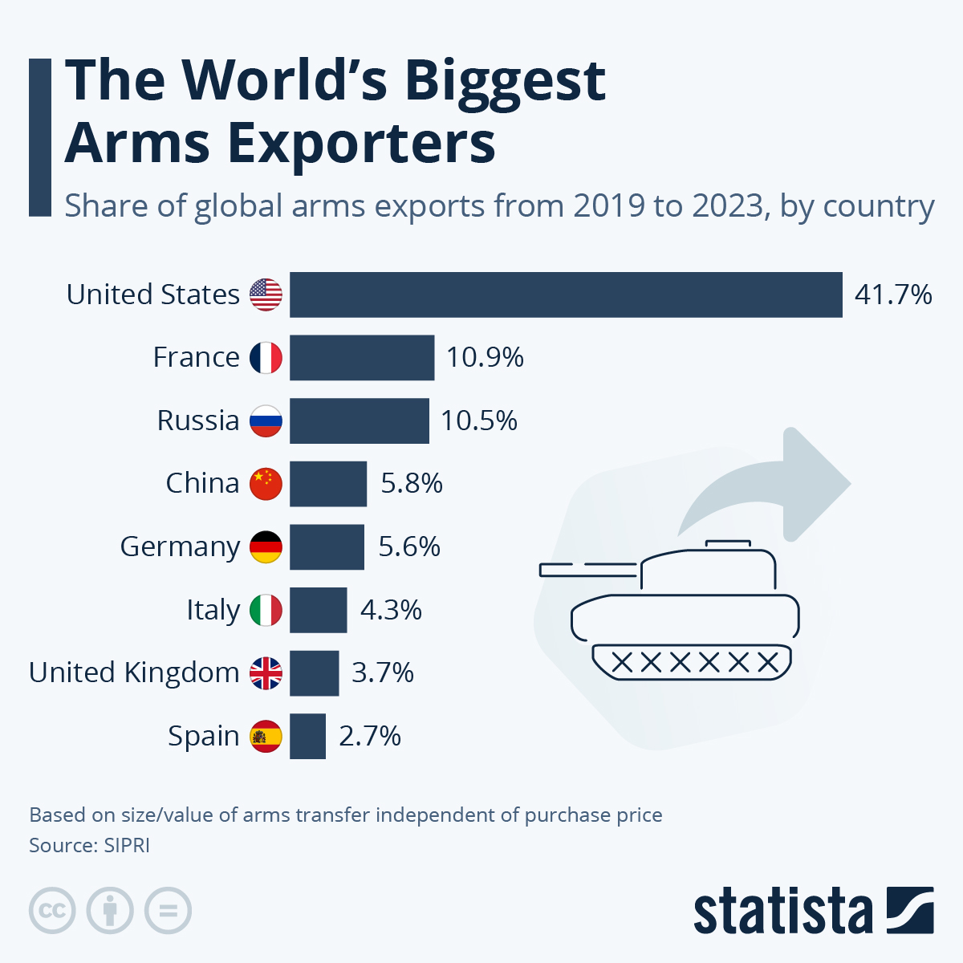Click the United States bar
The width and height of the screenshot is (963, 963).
(566, 295)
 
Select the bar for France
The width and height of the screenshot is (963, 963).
(362, 358)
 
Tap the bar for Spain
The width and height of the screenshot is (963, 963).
(307, 736)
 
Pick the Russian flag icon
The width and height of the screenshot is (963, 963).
(266, 421)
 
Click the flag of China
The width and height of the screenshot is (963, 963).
(266, 484)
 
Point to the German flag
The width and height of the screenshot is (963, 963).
(266, 547)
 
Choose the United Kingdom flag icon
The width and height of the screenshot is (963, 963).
(266, 673)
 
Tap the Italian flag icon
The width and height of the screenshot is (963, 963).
(266, 610)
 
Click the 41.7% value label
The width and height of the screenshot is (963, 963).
(893, 295)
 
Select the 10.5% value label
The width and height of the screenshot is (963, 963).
(479, 421)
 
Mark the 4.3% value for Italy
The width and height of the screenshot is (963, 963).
(391, 610)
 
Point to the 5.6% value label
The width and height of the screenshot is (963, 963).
(409, 547)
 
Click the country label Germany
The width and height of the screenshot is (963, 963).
(180, 547)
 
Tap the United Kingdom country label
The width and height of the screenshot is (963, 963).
(134, 672)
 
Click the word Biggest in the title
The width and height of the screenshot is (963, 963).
(505, 82)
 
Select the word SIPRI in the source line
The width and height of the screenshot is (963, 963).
(127, 845)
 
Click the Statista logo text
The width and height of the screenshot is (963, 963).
(782, 912)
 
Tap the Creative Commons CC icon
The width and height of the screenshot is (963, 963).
(52, 911)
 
